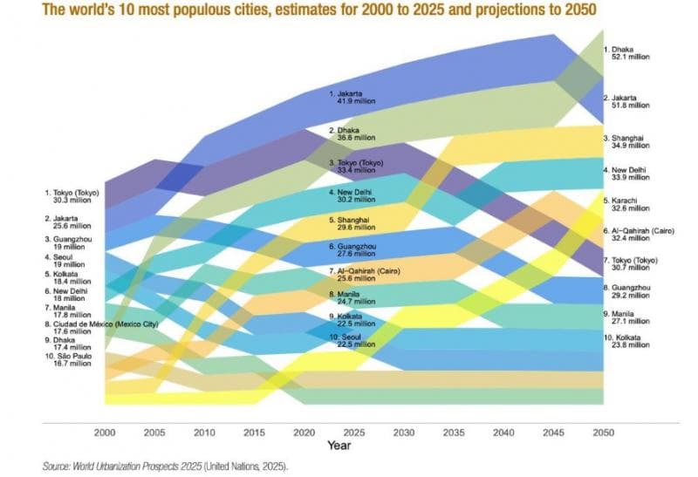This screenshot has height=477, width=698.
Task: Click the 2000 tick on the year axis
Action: pyautogui.click(x=105, y=433)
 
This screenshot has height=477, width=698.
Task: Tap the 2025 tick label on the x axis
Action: pyautogui.click(x=353, y=433)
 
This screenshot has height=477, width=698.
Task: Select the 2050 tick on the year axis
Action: pyautogui.click(x=603, y=433)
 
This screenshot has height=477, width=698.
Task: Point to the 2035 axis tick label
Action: pyautogui.click(x=454, y=433)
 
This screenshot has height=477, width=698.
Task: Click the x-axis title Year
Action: pyautogui.click(x=340, y=445)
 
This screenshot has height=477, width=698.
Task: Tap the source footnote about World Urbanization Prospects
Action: pyautogui.click(x=165, y=467)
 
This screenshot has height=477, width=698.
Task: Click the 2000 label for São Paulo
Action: pyautogui.click(x=70, y=361)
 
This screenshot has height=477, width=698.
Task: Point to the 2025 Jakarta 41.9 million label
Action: pyautogui.click(x=352, y=97)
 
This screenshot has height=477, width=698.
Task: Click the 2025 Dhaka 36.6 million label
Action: pyautogui.click(x=352, y=133)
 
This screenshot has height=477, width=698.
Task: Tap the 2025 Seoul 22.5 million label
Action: pyautogui.click(x=352, y=343)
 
